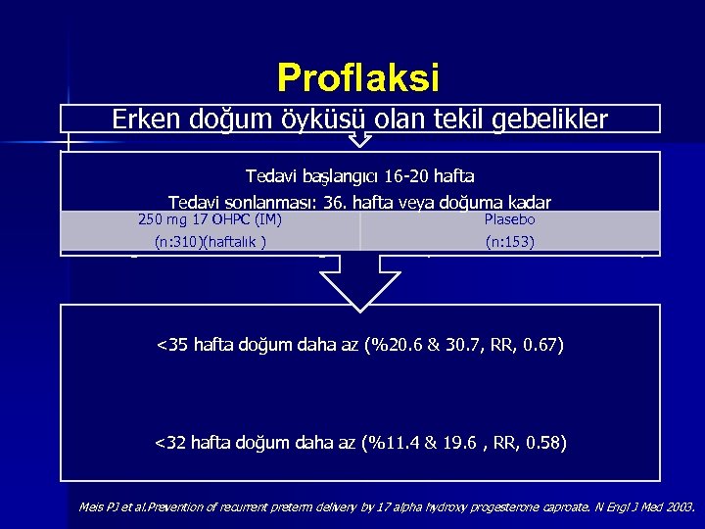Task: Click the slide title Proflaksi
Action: [x=358, y=76]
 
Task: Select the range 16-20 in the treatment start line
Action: [x=403, y=177]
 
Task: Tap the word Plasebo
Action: [x=509, y=219]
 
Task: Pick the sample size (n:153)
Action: [x=509, y=241]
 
